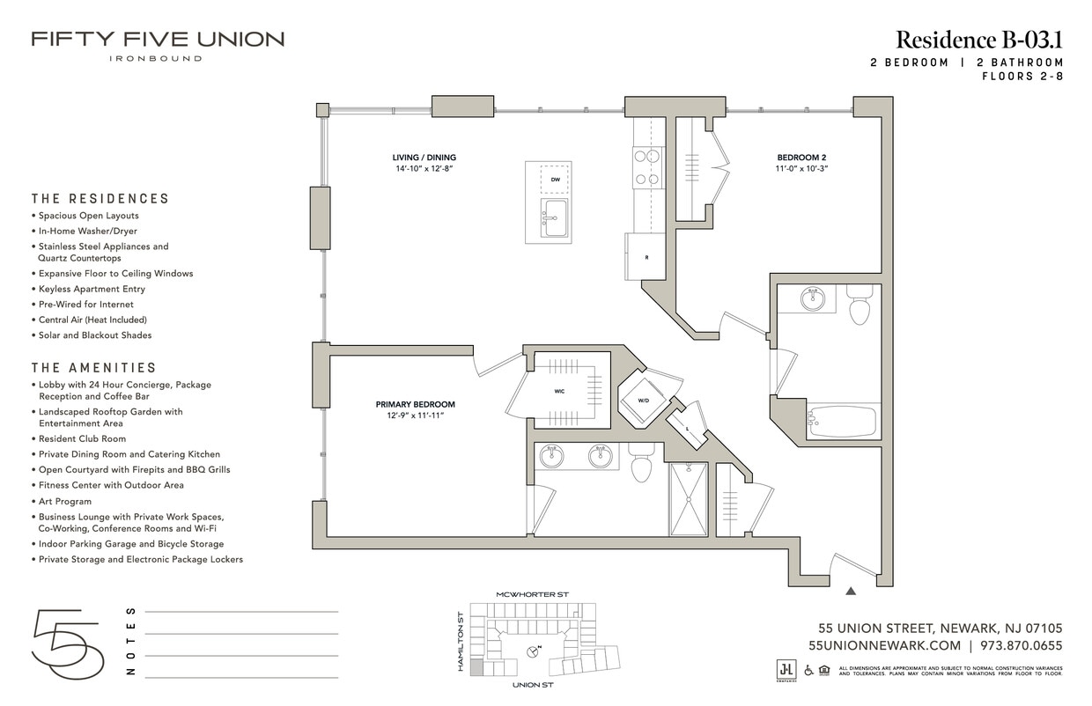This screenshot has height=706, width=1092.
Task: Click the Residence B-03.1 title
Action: [x=979, y=40]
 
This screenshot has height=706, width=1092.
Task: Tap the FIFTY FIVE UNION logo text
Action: [x=158, y=40]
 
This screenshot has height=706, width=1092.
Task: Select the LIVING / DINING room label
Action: [x=424, y=158]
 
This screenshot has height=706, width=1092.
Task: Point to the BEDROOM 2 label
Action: [x=801, y=158]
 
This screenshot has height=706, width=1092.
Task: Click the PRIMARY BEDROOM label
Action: [x=415, y=405]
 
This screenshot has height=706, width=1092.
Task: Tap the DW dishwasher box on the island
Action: [x=555, y=179]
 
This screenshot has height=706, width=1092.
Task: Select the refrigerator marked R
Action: [x=646, y=257]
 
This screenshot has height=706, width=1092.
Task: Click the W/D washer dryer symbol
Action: [x=644, y=401]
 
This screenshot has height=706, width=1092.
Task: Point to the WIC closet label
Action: [x=559, y=392]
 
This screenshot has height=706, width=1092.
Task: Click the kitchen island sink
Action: [x=555, y=217]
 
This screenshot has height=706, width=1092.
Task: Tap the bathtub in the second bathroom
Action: [x=843, y=422]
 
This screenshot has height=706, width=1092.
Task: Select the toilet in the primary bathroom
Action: [x=641, y=465]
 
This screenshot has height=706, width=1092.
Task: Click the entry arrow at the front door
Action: [x=851, y=592]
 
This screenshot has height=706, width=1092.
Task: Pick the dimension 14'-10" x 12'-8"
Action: [x=424, y=168]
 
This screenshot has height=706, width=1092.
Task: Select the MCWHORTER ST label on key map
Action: [x=532, y=595]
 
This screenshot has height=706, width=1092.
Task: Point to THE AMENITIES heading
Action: [x=94, y=368]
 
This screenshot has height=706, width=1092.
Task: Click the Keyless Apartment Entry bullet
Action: [x=92, y=289]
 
